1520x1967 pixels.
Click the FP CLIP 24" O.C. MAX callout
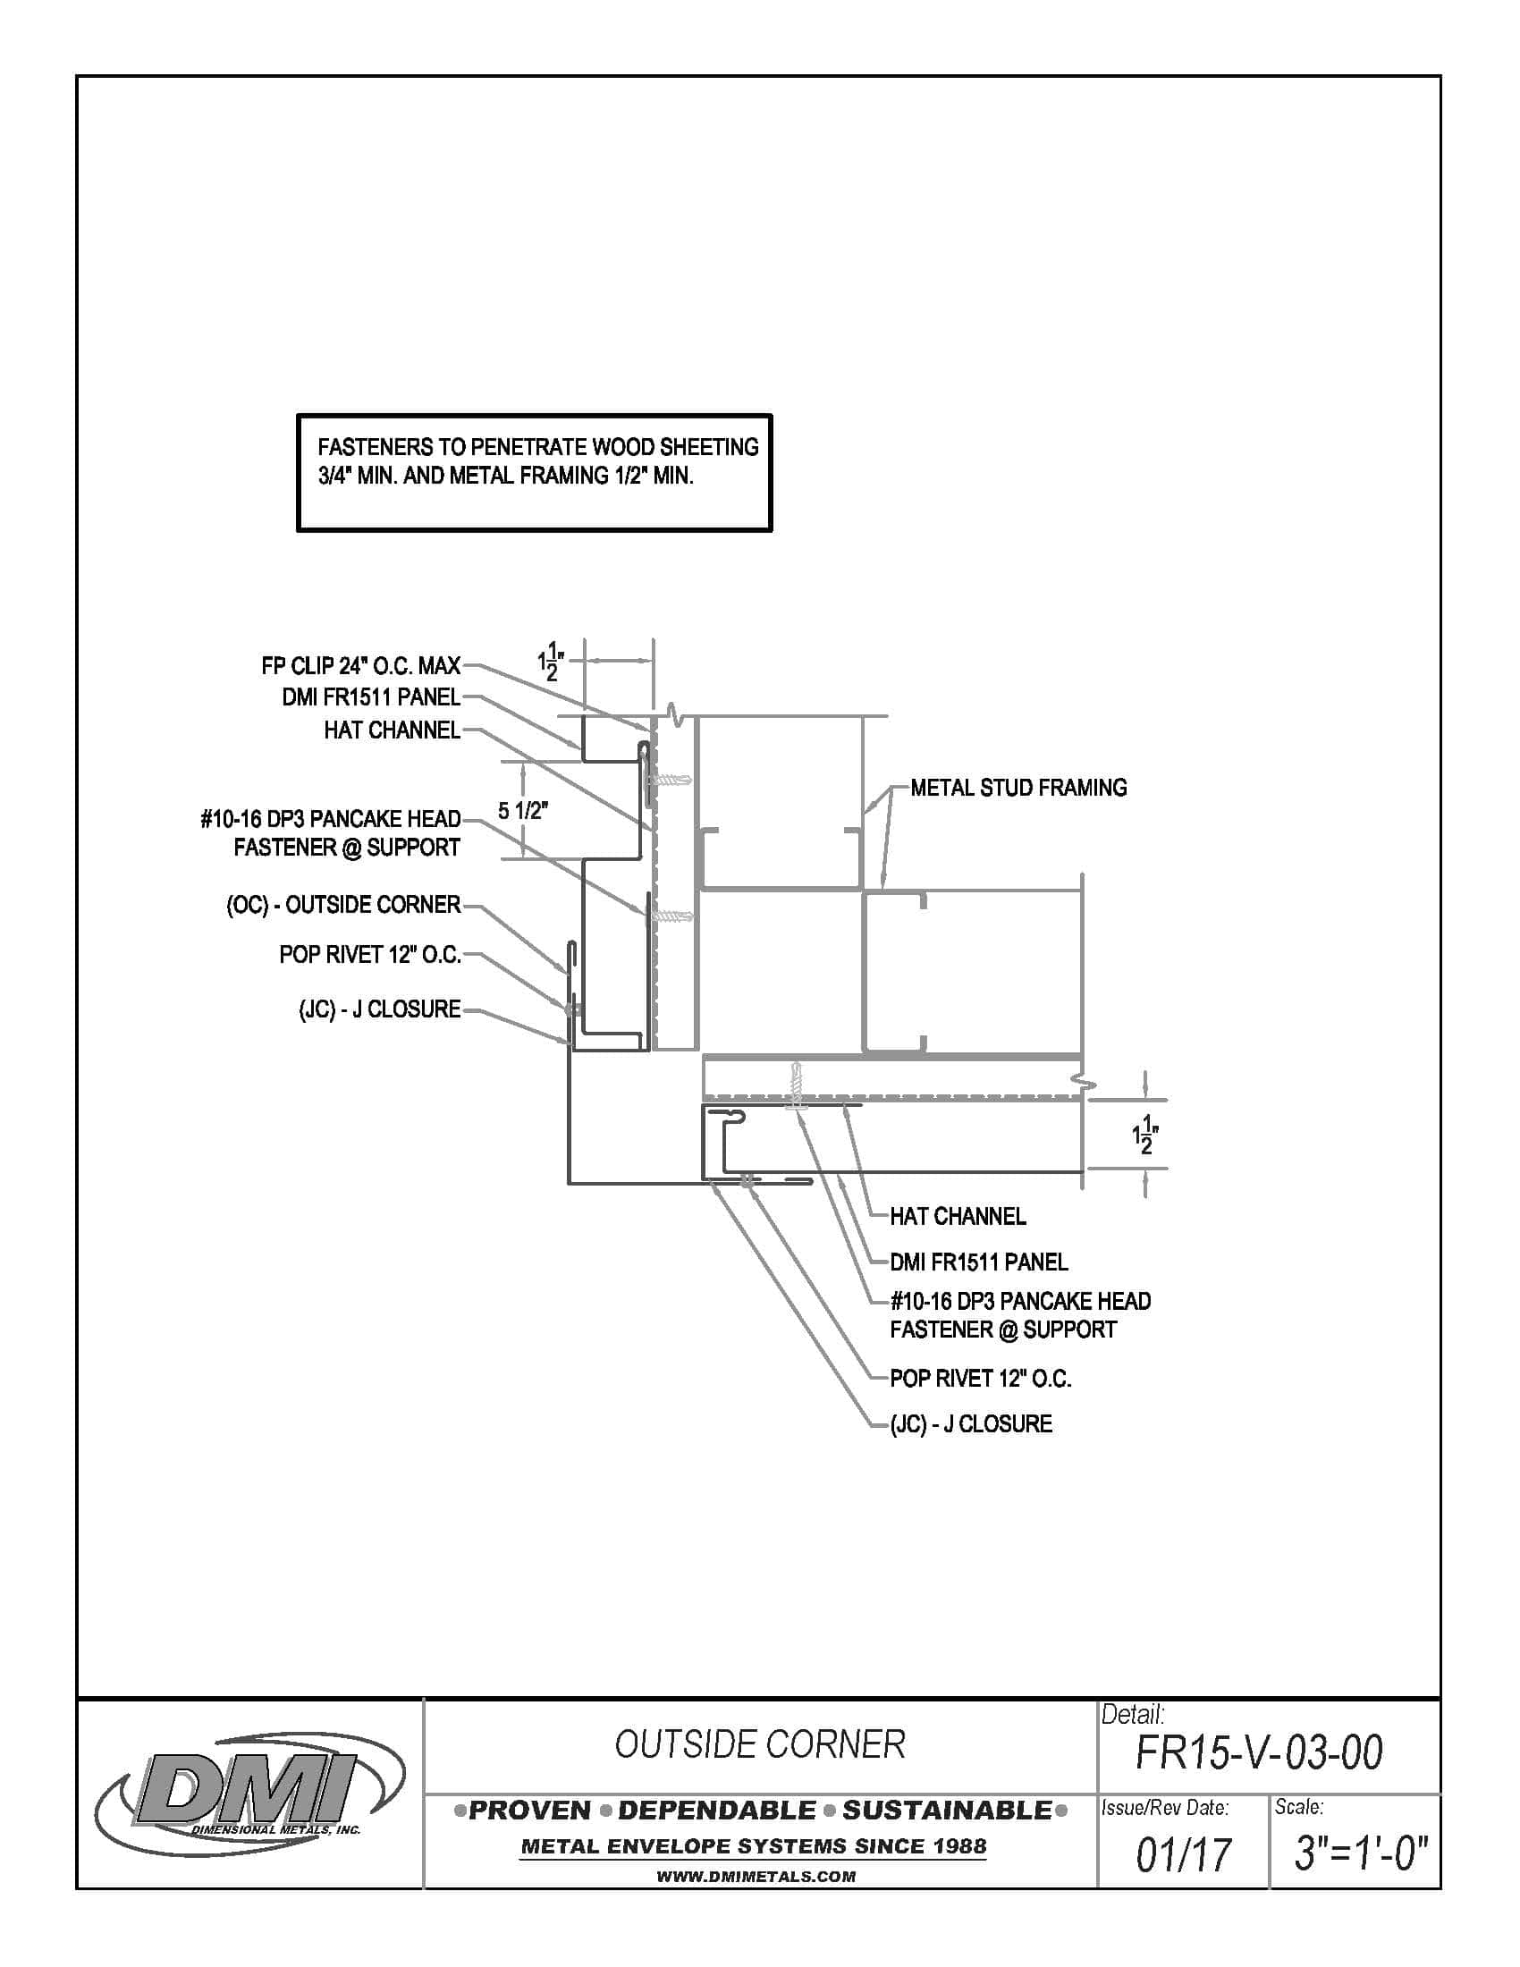point(360,665)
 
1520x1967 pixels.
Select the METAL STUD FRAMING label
point(1018,788)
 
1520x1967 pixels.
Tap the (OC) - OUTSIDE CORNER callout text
point(343,904)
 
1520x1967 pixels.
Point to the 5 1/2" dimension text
point(522,811)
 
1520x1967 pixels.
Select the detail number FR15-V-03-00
point(1259,1752)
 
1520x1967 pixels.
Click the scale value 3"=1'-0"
point(1361,1853)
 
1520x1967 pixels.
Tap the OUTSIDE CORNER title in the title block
point(759,1744)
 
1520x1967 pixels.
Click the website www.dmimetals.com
point(756,1877)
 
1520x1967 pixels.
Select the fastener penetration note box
point(534,472)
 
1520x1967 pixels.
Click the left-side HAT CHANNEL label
point(392,730)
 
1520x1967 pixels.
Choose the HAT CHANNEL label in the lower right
point(958,1217)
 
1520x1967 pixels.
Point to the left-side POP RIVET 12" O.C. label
point(369,955)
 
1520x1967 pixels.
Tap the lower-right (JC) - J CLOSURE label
point(971,1424)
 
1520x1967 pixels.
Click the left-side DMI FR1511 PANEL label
point(371,697)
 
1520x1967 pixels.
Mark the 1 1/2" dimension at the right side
point(1146,1135)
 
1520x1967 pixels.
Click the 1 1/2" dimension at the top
point(550,662)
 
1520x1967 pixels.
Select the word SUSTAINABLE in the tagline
point(947,1811)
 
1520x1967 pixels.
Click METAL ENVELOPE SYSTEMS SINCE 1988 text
point(754,1846)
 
